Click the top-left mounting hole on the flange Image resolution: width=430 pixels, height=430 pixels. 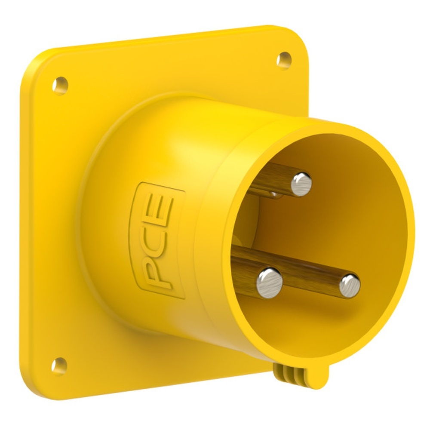[x=60, y=86]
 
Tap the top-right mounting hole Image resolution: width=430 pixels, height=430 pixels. [x=284, y=61]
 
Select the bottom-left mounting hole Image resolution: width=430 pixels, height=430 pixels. [x=59, y=366]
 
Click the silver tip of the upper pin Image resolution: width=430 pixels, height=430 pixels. [x=301, y=184]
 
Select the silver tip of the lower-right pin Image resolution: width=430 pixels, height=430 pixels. [x=350, y=286]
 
